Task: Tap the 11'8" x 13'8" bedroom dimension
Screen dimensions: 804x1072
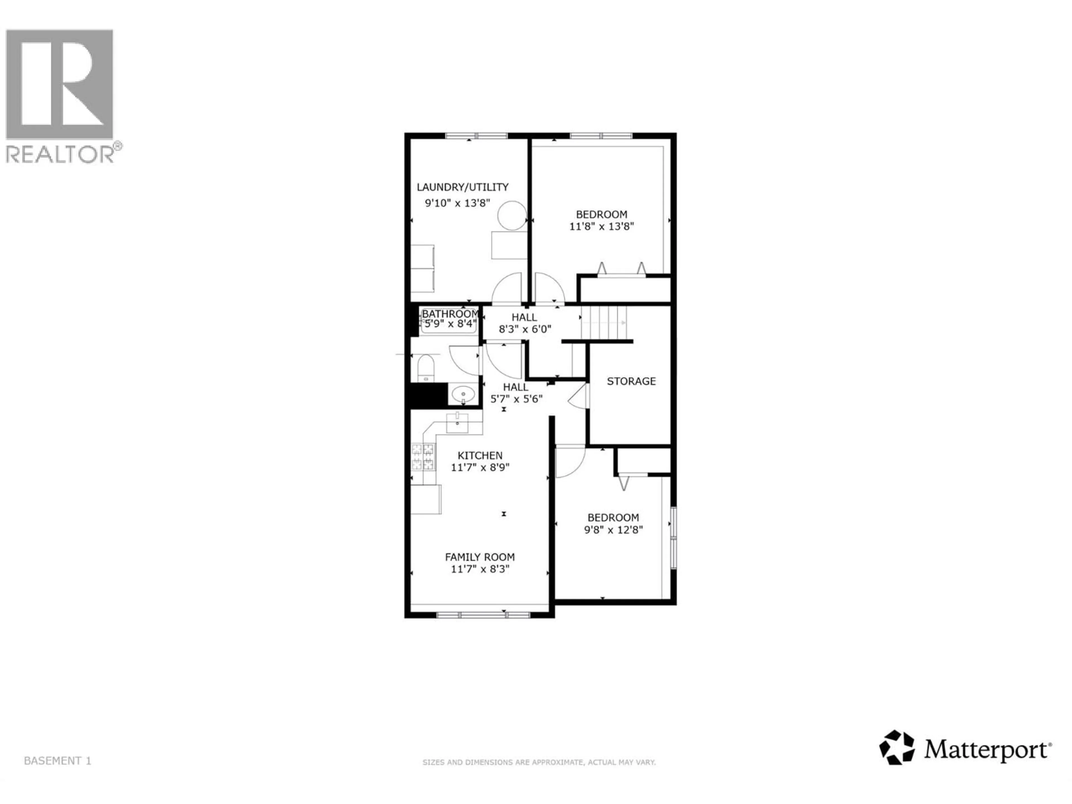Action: pos(601,226)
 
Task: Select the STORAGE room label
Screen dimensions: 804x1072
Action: pos(631,381)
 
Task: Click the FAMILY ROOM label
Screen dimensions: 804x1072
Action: pos(480,557)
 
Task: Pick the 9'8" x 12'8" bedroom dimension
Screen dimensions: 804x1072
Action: pos(613,530)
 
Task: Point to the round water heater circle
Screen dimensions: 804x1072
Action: pos(512,216)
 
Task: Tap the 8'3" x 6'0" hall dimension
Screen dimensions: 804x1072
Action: pos(525,329)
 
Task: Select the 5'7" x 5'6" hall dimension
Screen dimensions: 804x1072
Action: pos(516,399)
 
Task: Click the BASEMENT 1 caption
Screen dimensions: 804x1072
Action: pos(57,761)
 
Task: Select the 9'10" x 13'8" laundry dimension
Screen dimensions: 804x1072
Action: pos(458,203)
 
